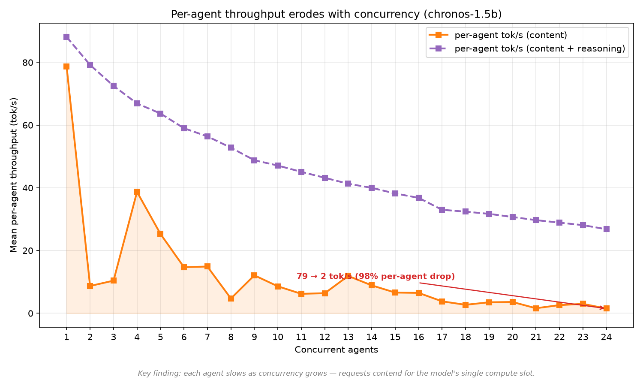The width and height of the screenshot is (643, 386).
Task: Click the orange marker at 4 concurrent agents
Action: click(137, 192)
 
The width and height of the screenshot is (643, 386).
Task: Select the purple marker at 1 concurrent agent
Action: click(66, 37)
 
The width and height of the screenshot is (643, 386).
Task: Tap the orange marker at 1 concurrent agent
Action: click(66, 66)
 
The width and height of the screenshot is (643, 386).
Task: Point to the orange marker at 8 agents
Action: click(231, 299)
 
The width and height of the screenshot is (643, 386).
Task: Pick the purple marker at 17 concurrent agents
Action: click(442, 210)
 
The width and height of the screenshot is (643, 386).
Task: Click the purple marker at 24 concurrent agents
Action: click(606, 229)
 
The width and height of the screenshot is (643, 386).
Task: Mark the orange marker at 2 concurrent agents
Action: click(90, 286)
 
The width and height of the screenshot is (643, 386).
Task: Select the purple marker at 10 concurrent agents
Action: click(278, 166)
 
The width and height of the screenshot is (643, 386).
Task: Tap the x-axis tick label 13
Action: click(348, 337)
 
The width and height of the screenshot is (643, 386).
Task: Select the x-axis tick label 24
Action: click(606, 337)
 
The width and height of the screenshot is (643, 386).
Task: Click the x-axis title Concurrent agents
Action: click(336, 350)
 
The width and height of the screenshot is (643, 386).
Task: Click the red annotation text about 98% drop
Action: click(376, 276)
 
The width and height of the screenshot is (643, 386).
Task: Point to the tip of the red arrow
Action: click(604, 308)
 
